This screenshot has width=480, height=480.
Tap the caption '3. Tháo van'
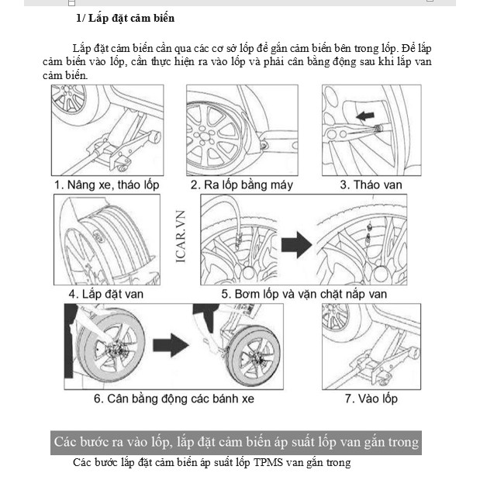pos(369,185)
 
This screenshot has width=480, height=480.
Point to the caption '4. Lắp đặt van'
pos(105,294)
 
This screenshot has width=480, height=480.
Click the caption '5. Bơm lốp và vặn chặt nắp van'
pos(304,294)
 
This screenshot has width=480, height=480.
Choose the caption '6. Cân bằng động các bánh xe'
pos(174,399)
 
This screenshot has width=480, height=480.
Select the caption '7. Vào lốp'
pos(371,399)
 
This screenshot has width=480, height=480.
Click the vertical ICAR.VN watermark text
pos(180,240)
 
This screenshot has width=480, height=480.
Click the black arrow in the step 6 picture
pos(173,344)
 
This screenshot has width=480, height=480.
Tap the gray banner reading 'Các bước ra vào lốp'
pos(236,442)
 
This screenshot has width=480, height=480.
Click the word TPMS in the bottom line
pos(269,463)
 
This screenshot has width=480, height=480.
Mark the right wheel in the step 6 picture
pos(252,352)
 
